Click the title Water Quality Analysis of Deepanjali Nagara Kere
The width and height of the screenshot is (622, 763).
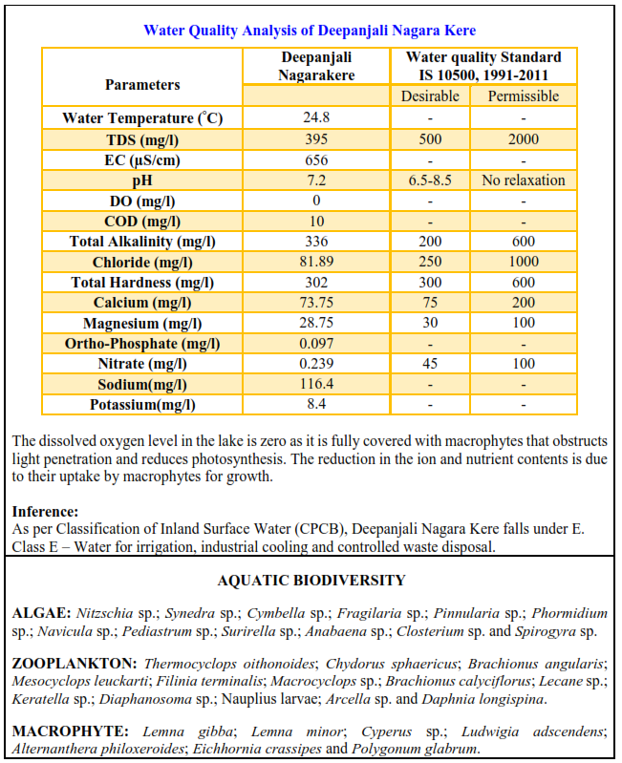(310, 30)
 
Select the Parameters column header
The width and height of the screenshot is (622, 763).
(142, 84)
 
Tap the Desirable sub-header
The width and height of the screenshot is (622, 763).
(429, 96)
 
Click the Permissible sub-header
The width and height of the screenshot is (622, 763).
(523, 96)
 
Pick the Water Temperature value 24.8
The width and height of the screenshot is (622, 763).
(315, 118)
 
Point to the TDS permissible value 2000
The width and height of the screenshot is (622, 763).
(523, 139)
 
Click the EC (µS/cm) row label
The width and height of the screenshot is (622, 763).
(142, 159)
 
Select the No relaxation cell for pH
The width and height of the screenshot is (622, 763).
(523, 180)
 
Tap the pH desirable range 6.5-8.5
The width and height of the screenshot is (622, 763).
(429, 180)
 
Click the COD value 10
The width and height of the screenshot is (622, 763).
(315, 222)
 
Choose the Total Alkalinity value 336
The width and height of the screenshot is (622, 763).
(315, 242)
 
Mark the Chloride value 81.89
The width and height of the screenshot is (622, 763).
(315, 262)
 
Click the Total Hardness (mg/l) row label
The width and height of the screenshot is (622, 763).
(142, 283)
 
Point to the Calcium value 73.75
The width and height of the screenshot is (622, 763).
(315, 303)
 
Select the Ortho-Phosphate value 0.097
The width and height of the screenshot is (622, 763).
(315, 344)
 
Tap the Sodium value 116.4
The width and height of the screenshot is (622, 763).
(315, 385)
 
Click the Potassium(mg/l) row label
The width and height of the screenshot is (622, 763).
(142, 405)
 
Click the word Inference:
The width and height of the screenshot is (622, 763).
(46, 512)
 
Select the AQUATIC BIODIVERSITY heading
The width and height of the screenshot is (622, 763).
(311, 581)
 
